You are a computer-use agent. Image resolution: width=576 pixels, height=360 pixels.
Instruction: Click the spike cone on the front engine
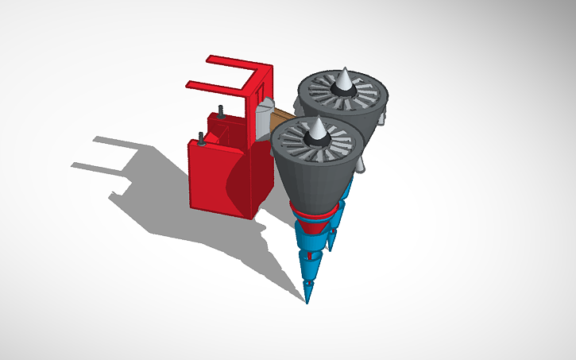[x=315, y=129]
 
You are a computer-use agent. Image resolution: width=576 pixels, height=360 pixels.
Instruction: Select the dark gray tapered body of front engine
[x=315, y=183]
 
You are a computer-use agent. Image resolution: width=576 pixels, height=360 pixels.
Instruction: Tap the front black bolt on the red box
[x=203, y=139]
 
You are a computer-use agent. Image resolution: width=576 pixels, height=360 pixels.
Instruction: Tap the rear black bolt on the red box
[x=220, y=110]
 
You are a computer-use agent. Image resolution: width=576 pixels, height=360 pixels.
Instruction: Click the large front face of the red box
[x=213, y=179]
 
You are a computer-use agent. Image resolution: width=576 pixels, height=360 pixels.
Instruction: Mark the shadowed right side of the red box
[x=263, y=179]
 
